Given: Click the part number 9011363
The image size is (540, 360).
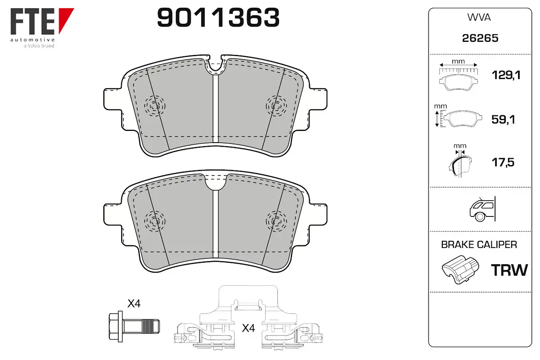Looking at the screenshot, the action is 218,18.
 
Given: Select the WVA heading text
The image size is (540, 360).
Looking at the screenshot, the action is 479,18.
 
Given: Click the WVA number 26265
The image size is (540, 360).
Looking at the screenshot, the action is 480,38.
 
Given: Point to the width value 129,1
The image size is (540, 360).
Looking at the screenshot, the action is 506,75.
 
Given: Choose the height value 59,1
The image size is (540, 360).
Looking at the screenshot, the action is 503,119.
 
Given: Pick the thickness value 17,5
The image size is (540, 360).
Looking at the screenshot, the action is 503,162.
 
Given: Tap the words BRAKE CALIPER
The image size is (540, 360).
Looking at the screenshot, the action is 479,244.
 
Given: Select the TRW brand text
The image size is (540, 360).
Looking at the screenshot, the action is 509,270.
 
